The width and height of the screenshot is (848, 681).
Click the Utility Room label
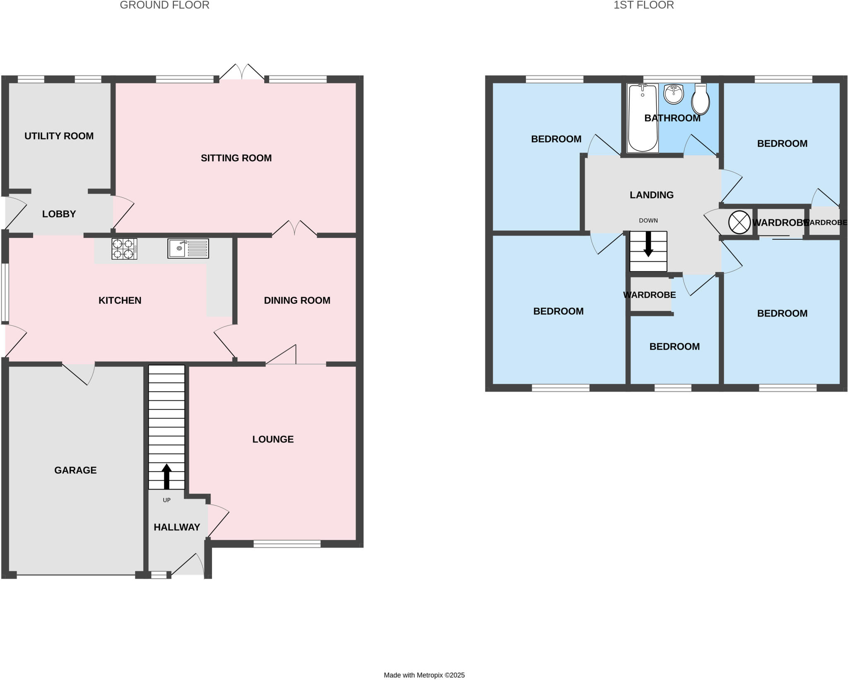[59, 136]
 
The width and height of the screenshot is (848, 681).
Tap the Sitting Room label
[236, 158]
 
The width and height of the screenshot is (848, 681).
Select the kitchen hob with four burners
[124, 249]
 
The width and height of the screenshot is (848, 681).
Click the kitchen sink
[188, 248]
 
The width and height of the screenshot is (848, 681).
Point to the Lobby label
[59, 214]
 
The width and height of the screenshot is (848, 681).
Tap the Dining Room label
[297, 301]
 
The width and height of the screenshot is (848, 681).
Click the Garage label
[75, 470]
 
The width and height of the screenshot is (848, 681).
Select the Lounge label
[273, 439]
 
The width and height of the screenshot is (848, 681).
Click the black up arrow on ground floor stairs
[166, 476]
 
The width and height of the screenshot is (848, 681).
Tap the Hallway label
[177, 527]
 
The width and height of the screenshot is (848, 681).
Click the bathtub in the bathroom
[643, 118]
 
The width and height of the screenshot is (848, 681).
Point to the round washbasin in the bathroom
[673, 95]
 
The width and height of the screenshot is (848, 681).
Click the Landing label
[651, 195]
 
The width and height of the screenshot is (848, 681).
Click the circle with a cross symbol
[739, 222]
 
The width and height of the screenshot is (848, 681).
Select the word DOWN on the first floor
[648, 221]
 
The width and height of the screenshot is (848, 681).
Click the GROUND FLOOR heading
[164, 5]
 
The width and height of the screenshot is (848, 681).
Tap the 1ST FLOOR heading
[643, 5]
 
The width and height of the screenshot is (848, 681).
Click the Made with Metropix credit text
[424, 675]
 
